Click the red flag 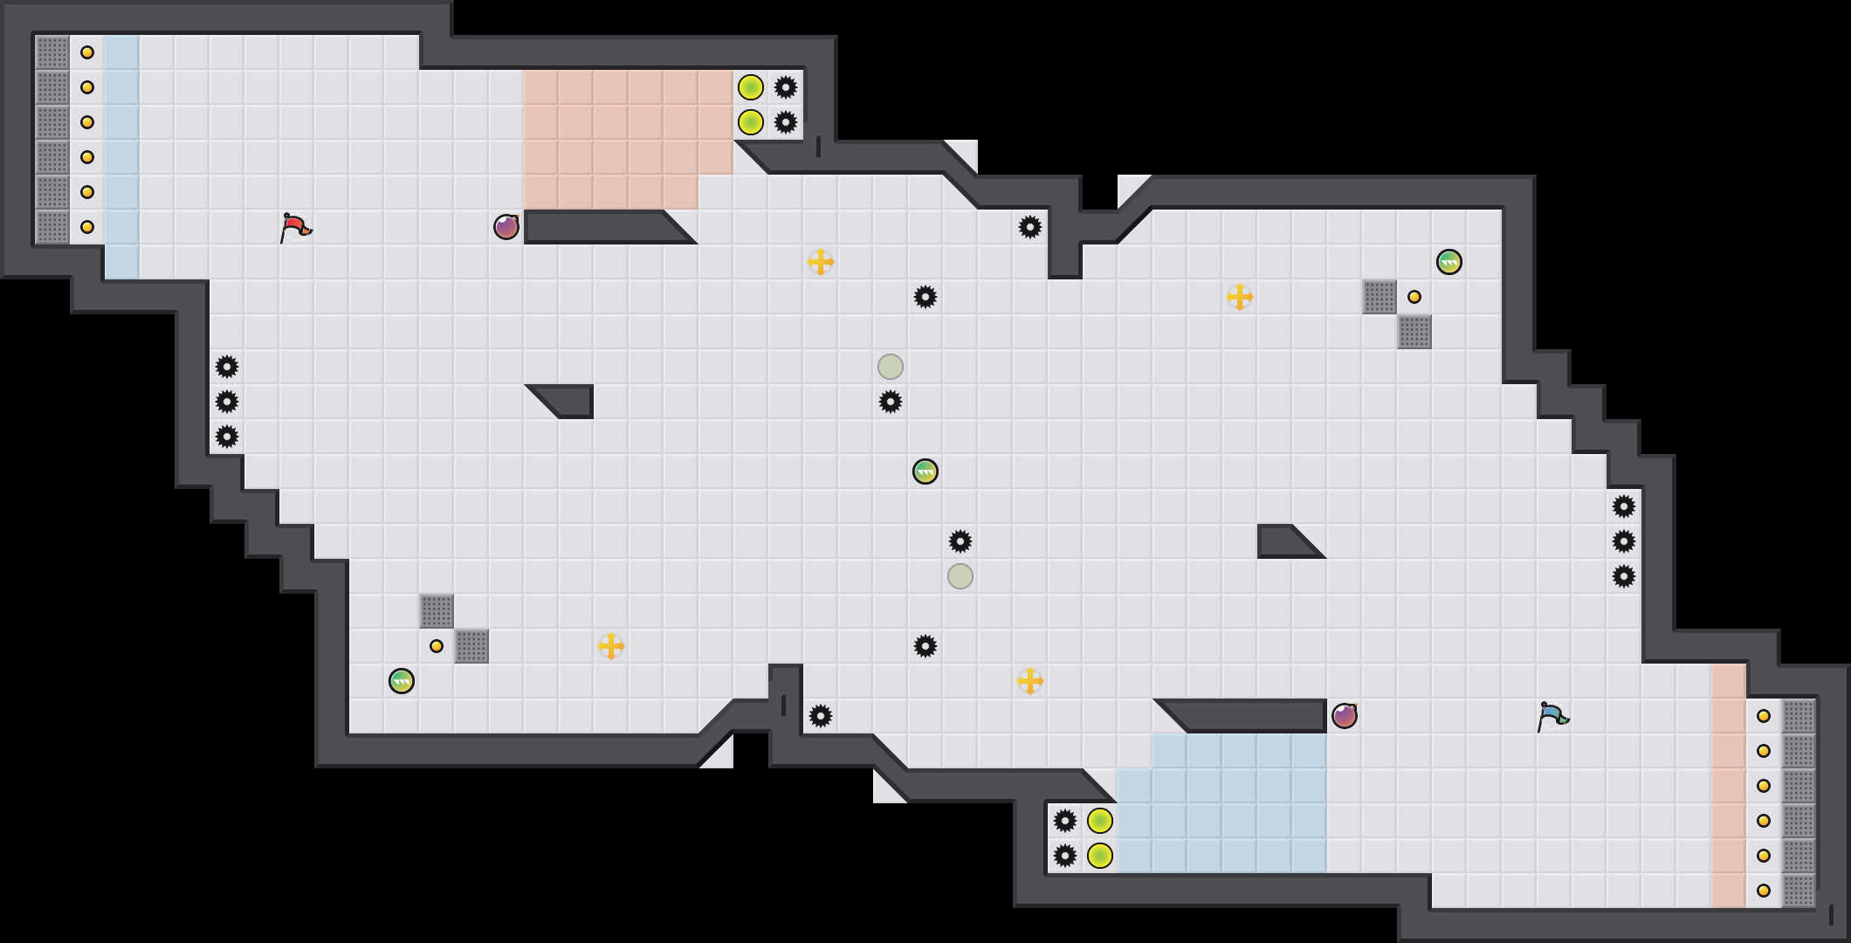[x=295, y=227]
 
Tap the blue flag [x=1552, y=716]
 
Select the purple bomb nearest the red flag [x=506, y=227]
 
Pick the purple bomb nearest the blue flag [x=1345, y=716]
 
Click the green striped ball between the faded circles [x=925, y=471]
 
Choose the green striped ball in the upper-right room [x=1449, y=262]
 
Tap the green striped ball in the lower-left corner [x=402, y=681]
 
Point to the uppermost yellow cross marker [x=821, y=262]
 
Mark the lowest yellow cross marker [x=1030, y=681]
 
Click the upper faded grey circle [x=891, y=367]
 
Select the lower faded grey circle [x=960, y=576]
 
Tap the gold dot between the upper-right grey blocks [x=1414, y=297]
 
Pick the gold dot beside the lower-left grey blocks [x=437, y=646]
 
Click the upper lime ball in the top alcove [x=751, y=87]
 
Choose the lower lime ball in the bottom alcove [x=1100, y=856]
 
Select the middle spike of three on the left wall [x=227, y=402]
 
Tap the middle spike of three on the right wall [x=1624, y=541]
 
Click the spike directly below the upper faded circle [x=891, y=402]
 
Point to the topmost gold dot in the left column [x=87, y=52]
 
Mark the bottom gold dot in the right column [x=1764, y=891]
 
